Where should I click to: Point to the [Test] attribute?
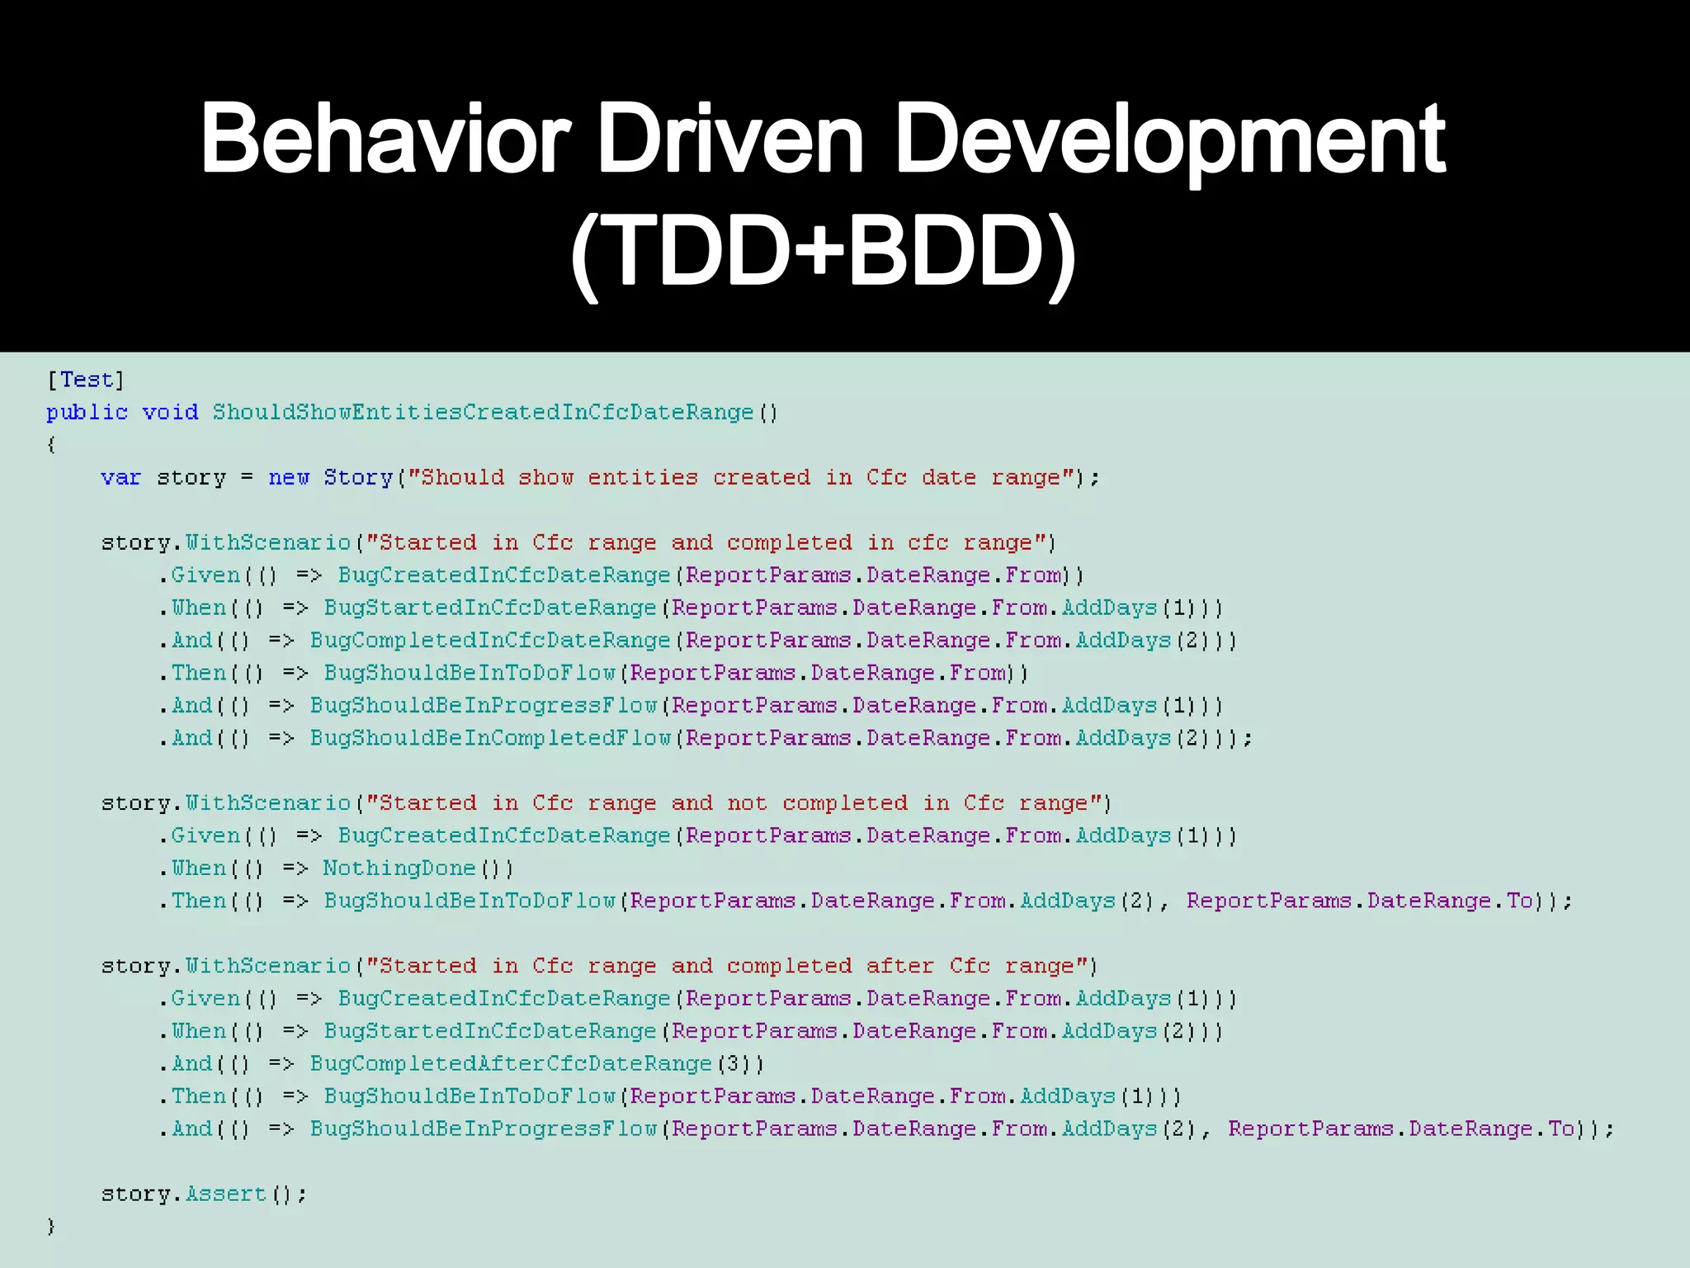[86, 380]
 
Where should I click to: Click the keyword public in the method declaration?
[87, 412]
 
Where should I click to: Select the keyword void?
[170, 412]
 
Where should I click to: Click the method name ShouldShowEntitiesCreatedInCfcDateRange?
[483, 412]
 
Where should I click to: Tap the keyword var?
[120, 477]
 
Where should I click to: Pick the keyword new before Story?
[288, 477]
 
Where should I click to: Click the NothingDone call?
[399, 868]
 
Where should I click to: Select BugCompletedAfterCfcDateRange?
[511, 1063]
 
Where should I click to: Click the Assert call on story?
[226, 1194]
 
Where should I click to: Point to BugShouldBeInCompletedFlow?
[490, 738]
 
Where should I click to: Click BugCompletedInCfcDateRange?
[490, 641]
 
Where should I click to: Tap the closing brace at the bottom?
[51, 1226]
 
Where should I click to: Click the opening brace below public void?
[51, 445]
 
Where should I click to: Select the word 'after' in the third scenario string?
[899, 966]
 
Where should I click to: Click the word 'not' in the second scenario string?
[747, 803]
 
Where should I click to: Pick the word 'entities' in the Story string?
[643, 477]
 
